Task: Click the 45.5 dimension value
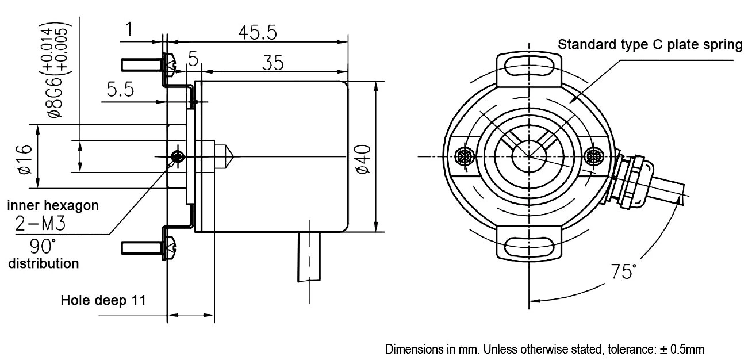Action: click(x=258, y=33)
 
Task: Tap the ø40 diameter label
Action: click(x=362, y=159)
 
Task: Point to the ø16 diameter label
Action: click(x=24, y=159)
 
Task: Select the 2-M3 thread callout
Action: click(x=40, y=224)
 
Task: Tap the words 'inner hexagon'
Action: click(x=52, y=205)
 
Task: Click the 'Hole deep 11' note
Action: click(x=103, y=300)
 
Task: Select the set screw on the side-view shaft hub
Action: click(x=179, y=156)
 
